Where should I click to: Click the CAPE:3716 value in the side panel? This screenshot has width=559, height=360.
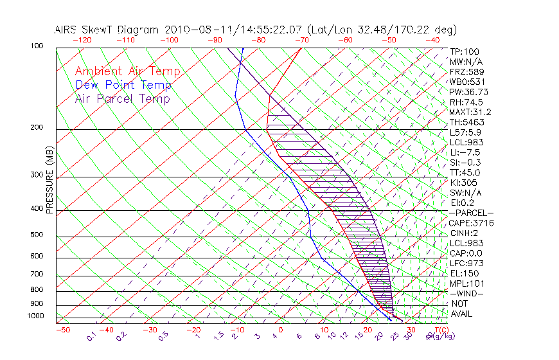point(471,223)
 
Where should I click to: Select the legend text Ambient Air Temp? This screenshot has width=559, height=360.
point(127,72)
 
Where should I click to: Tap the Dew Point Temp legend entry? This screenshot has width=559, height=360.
point(123,85)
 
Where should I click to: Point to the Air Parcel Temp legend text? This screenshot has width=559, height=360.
point(123,99)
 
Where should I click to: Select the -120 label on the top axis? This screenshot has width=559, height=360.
point(82,39)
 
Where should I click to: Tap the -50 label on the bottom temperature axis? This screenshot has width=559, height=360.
point(62,330)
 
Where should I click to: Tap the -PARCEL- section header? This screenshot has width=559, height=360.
point(471,213)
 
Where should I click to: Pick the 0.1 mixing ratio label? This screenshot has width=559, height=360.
point(92,336)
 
